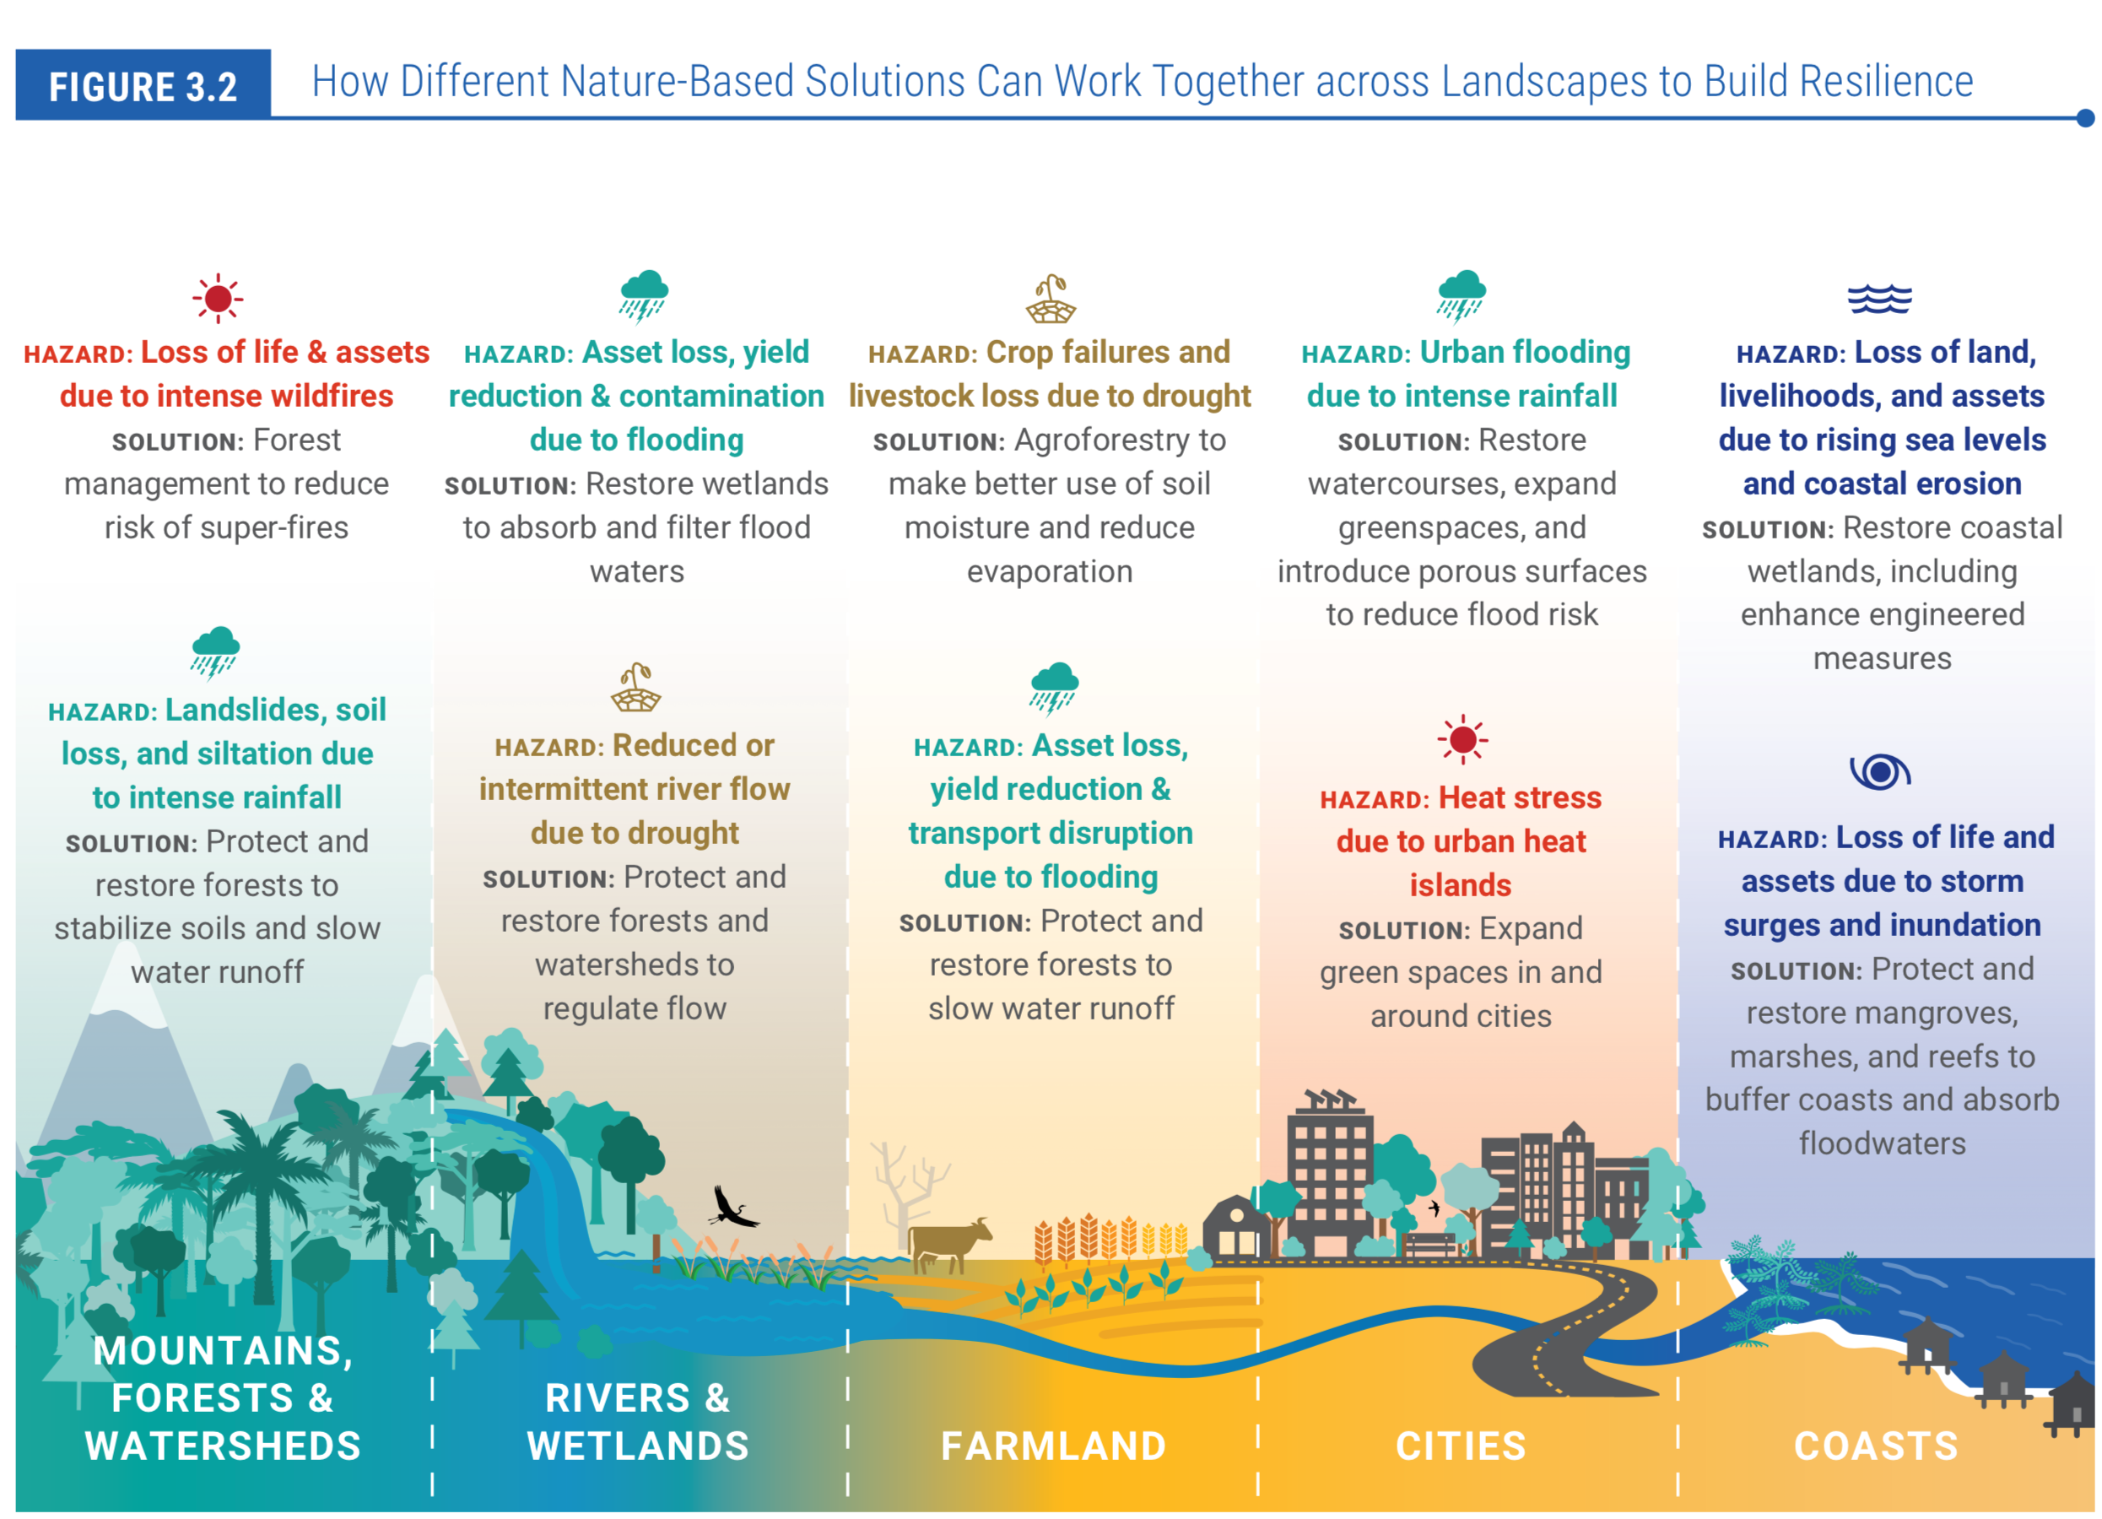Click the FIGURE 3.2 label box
click(143, 85)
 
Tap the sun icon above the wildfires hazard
click(218, 299)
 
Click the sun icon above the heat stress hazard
click(1462, 739)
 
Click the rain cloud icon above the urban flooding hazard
click(1462, 295)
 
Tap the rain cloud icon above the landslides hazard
click(216, 651)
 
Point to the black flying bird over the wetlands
click(732, 1208)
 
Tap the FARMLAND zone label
click(1053, 1446)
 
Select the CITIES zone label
click(1461, 1446)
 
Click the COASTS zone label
click(1876, 1446)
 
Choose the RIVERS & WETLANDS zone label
click(638, 1422)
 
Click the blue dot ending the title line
click(2085, 117)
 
